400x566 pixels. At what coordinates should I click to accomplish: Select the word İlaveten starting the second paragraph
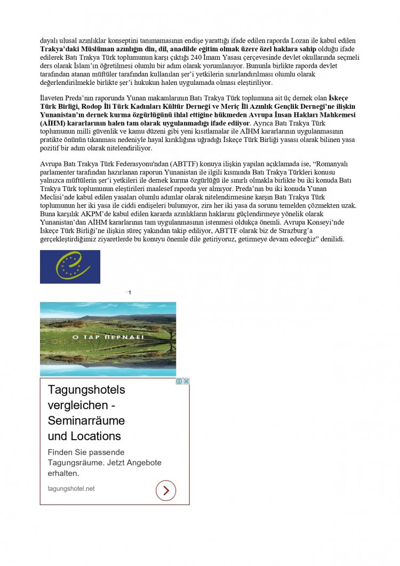(x=53, y=97)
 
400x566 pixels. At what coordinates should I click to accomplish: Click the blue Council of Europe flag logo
(x=70, y=267)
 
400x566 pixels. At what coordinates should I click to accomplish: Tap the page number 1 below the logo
(x=130, y=292)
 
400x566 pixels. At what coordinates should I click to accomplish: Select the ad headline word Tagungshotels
(x=86, y=389)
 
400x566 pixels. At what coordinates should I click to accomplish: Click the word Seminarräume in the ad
(x=86, y=420)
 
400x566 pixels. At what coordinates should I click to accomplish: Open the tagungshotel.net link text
(x=71, y=489)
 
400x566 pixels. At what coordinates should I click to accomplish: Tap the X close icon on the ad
(x=186, y=381)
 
